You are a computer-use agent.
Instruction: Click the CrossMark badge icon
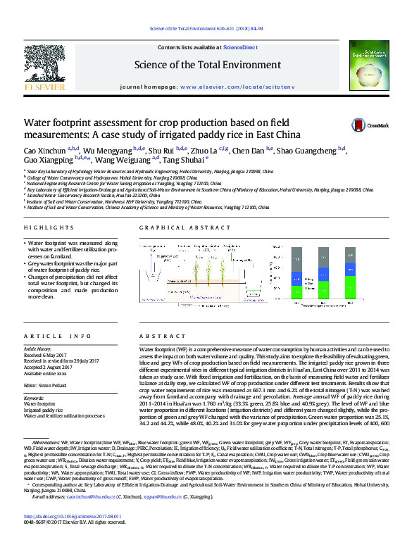click(359, 125)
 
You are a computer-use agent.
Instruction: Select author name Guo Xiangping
click(47, 161)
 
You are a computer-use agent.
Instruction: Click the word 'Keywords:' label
click(34, 397)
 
